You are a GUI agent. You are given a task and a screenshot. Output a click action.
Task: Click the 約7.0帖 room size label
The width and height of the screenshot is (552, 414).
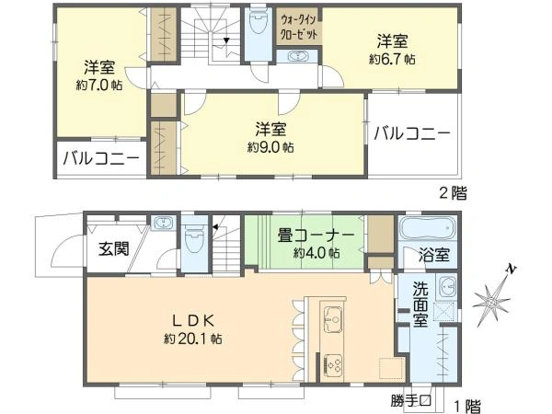pos(99,86)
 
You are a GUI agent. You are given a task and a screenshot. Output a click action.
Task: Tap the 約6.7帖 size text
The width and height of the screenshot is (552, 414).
pos(392,59)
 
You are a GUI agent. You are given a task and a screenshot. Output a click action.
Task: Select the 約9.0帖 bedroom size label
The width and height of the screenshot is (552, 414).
pos(270,147)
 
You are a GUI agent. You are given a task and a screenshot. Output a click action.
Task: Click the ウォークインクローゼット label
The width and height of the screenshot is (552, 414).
pos(299,27)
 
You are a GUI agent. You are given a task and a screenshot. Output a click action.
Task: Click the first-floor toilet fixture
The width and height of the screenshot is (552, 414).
pos(194,241)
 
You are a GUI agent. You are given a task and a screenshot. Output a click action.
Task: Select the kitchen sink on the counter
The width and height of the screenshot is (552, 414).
pos(333,319)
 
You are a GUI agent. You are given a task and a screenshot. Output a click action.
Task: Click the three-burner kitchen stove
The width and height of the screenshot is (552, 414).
pos(333,364)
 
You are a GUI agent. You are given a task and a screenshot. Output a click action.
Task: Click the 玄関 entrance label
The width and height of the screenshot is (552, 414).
pos(113,249)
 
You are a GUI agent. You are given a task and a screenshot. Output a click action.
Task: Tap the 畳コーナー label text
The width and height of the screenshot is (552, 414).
pos(316,236)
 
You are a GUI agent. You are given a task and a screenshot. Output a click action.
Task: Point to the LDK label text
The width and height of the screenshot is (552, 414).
pos(193,320)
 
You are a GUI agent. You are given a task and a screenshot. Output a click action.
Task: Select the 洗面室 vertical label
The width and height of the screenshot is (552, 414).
pos(420,304)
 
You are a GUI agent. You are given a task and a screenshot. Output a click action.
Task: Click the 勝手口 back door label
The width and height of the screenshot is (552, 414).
pos(411,401)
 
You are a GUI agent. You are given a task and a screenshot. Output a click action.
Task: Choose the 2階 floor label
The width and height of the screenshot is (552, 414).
pos(453,193)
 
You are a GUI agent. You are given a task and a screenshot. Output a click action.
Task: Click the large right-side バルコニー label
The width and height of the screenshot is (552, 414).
pos(412,133)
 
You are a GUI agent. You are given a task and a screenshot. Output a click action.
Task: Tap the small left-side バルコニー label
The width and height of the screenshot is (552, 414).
pos(101,159)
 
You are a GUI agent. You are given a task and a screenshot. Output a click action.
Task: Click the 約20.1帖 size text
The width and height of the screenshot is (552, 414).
pos(193,339)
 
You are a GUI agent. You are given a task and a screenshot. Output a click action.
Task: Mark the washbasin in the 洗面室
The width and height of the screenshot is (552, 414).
pos(446,287)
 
